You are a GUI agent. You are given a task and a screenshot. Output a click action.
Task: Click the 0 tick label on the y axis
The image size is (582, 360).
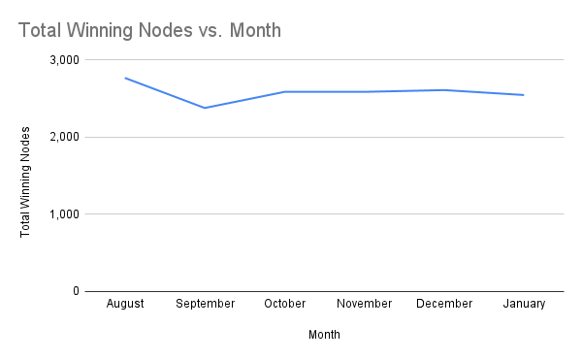pyautogui.click(x=75, y=291)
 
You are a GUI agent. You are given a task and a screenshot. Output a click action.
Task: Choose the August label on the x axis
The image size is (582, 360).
pyautogui.click(x=125, y=304)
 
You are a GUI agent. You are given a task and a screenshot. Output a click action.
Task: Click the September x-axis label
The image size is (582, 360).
pyautogui.click(x=205, y=304)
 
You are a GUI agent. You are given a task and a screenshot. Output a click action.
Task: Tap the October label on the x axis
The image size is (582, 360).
pyautogui.click(x=285, y=304)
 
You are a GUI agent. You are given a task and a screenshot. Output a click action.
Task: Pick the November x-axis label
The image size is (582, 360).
pyautogui.click(x=365, y=304)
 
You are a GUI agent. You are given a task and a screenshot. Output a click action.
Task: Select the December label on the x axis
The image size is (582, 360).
pyautogui.click(x=444, y=304)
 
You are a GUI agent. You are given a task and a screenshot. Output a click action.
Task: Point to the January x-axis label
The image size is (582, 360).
pyautogui.click(x=524, y=304)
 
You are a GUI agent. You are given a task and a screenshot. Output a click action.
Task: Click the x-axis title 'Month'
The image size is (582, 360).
pyautogui.click(x=324, y=335)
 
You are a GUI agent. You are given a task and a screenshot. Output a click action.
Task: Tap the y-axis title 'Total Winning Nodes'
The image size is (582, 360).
pyautogui.click(x=26, y=181)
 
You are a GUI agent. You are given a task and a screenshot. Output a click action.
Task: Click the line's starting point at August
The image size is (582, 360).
pyautogui.click(x=125, y=78)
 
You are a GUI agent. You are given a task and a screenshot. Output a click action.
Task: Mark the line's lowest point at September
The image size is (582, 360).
pyautogui.click(x=205, y=108)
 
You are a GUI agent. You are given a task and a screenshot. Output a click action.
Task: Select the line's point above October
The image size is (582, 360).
pyautogui.click(x=285, y=92)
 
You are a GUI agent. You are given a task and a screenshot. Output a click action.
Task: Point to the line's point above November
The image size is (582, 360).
pyautogui.click(x=365, y=92)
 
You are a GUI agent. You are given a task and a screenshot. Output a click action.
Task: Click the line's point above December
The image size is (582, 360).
pyautogui.click(x=444, y=90)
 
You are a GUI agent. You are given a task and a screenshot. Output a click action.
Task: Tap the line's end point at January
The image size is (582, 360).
pyautogui.click(x=524, y=95)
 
